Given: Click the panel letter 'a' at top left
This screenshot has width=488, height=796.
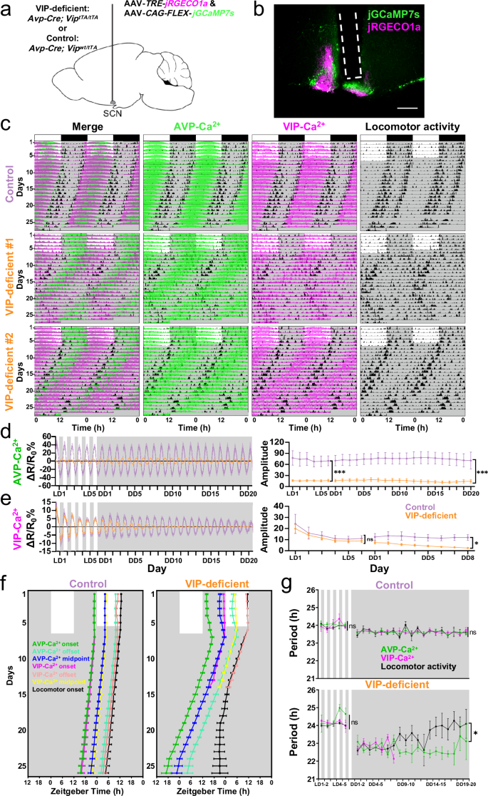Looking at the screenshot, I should coord(6,9).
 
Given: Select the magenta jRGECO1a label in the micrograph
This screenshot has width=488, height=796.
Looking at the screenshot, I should coord(429,26).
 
